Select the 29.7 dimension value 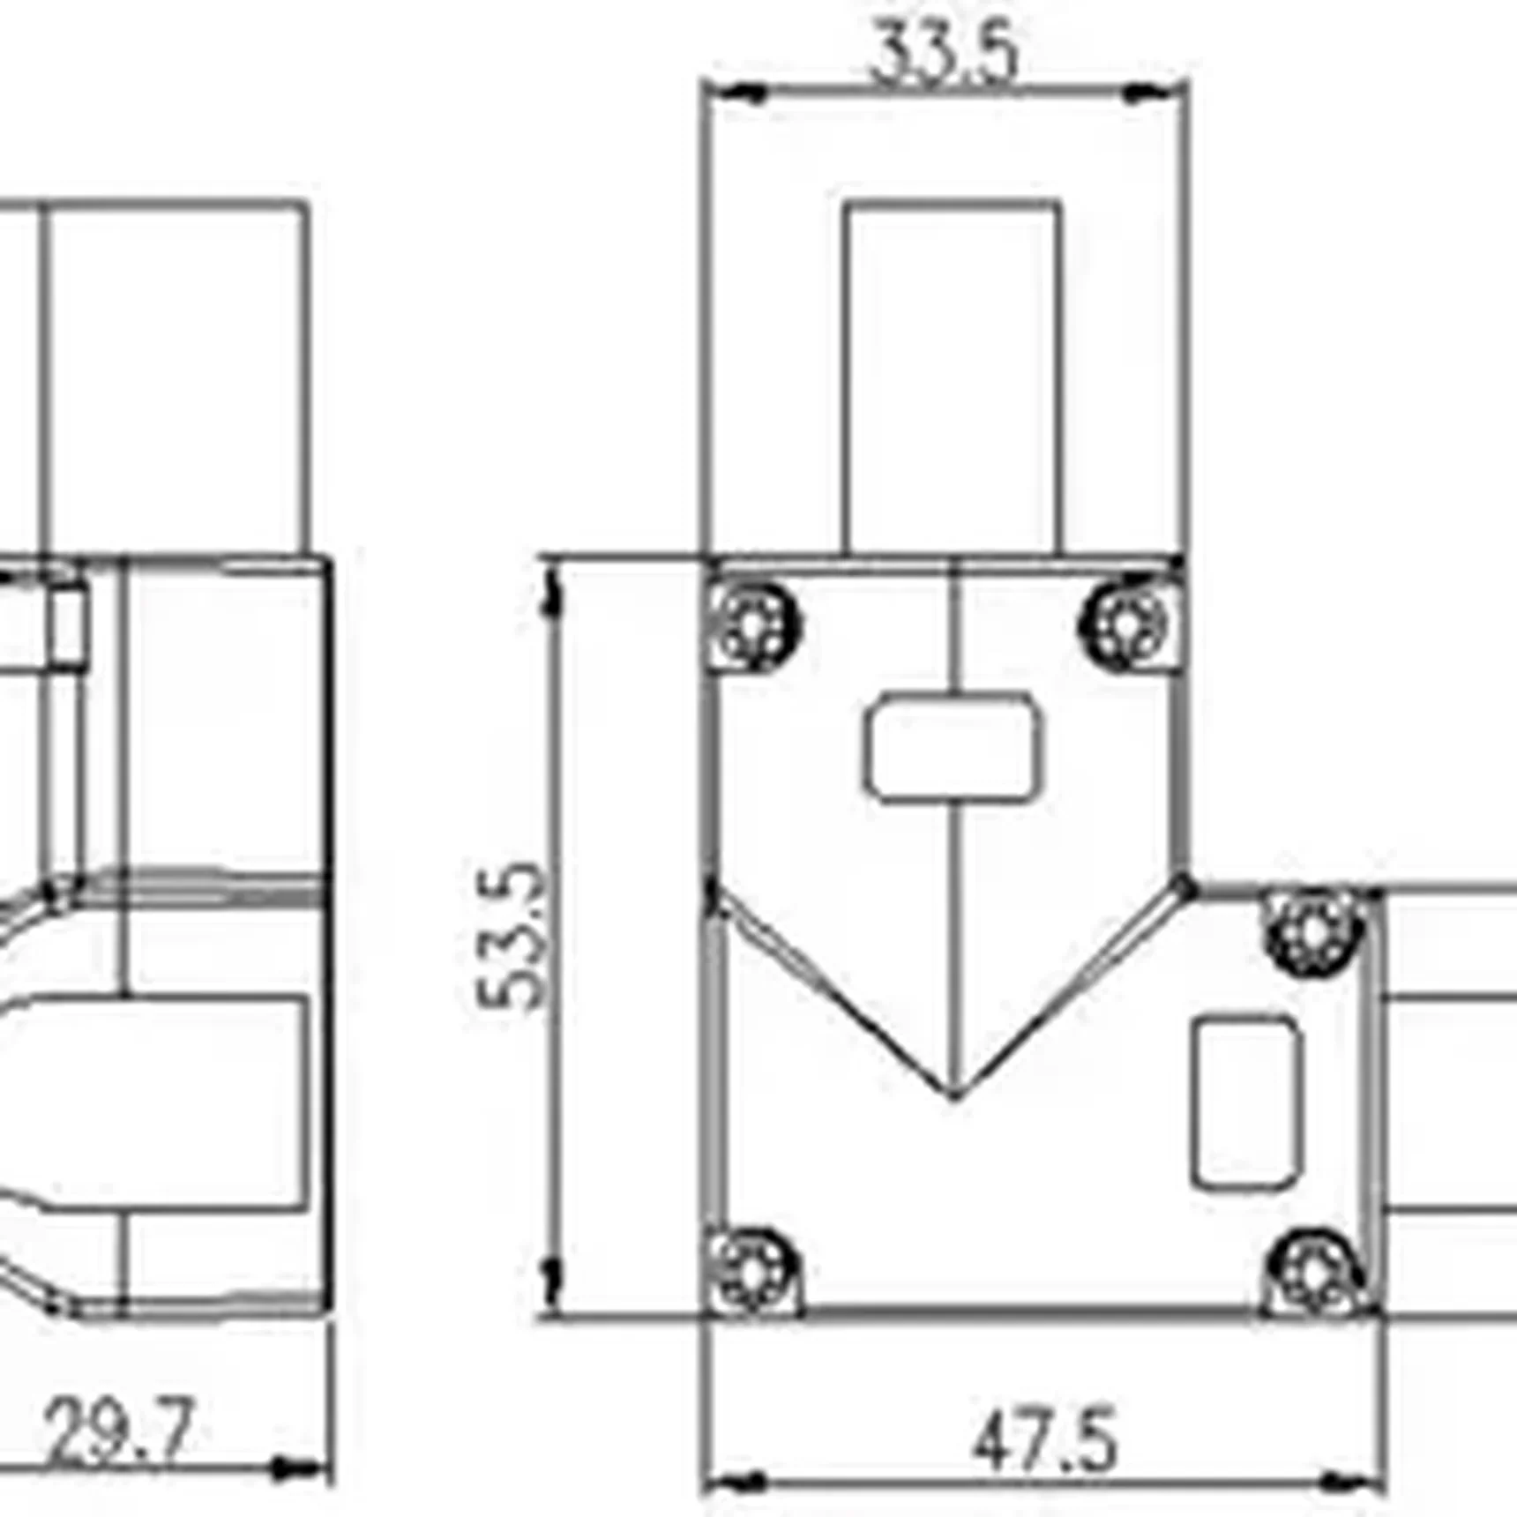(119, 1431)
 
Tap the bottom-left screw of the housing (753, 1271)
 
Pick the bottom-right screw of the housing (1314, 1271)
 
